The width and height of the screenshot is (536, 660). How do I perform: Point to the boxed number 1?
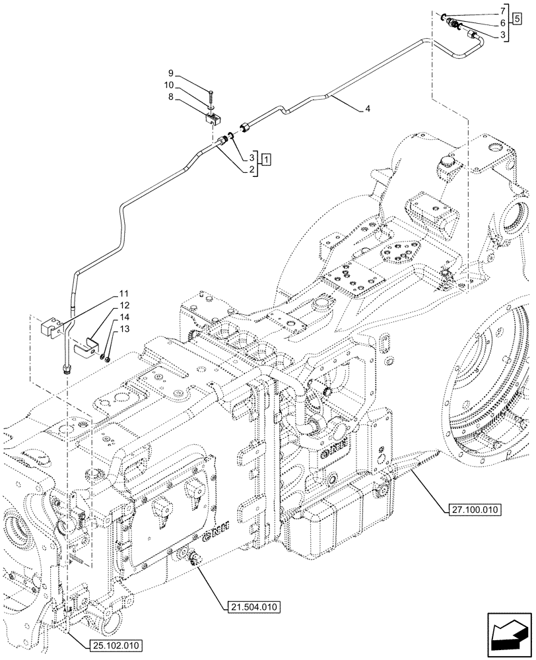click(x=265, y=159)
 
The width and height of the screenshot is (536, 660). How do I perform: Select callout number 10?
click(x=170, y=85)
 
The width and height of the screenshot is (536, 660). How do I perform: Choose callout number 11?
click(x=123, y=293)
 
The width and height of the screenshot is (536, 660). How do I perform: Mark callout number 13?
click(x=123, y=329)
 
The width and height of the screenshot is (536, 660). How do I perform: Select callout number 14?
click(x=123, y=317)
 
